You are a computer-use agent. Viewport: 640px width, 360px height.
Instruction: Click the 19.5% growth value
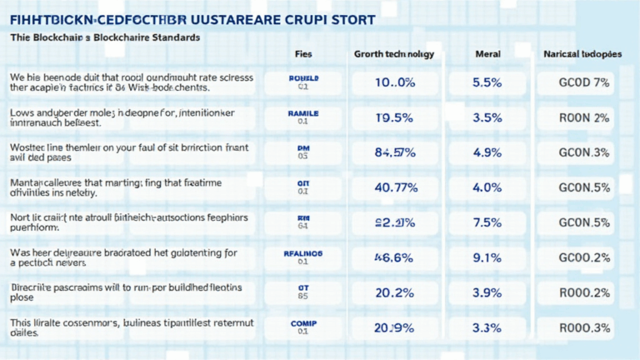(394, 117)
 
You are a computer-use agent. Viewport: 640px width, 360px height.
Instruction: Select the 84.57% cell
(394, 152)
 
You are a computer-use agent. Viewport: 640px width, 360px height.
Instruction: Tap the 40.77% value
(394, 187)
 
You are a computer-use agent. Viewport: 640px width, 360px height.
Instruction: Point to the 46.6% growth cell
(394, 257)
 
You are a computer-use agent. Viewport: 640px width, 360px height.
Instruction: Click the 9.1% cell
(487, 257)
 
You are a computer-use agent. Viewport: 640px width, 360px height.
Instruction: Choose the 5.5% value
(487, 82)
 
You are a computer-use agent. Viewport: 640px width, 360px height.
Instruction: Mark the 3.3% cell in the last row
(487, 327)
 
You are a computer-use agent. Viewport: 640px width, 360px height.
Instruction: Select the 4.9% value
(487, 152)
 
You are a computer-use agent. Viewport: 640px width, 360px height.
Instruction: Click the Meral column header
(487, 53)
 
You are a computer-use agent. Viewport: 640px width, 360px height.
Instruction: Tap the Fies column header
(303, 53)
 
